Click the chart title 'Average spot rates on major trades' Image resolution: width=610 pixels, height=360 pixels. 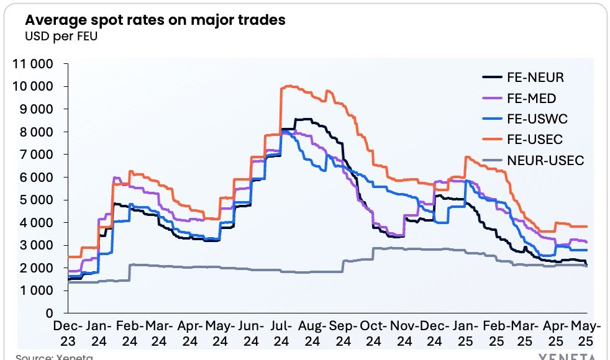pos(155,20)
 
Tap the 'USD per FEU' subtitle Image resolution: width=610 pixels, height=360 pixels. pos(61,35)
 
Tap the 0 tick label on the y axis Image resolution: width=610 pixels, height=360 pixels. pos(48,313)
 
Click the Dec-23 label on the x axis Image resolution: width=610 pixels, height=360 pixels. pos(67,333)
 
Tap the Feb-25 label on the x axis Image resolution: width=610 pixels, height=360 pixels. pos(495,333)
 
